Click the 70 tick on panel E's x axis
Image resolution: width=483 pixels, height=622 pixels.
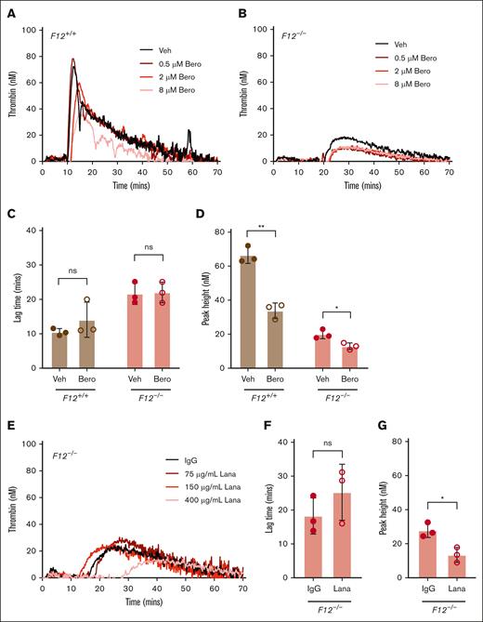click(244, 591)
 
